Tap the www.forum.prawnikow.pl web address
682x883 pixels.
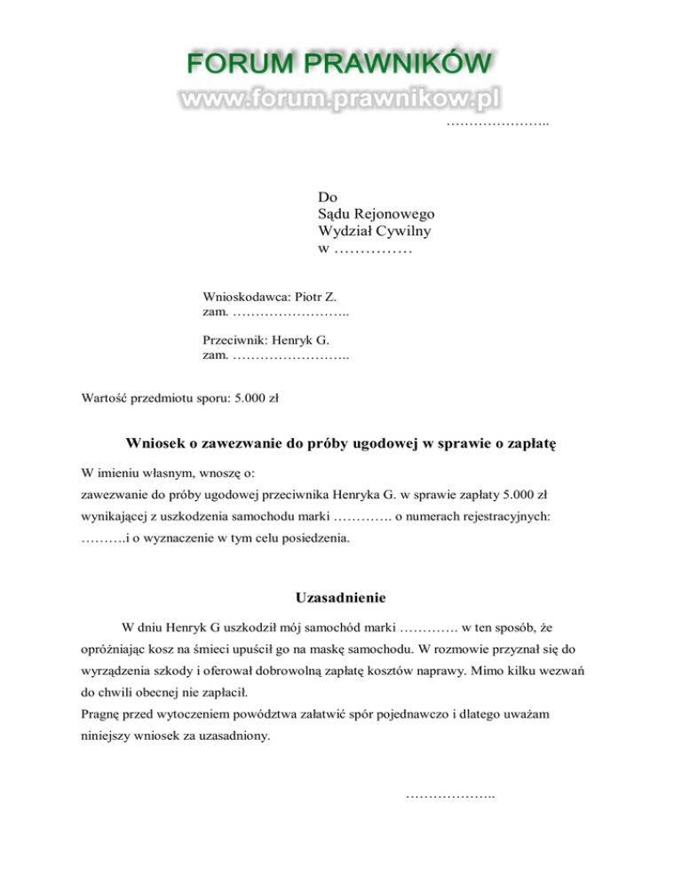(340, 100)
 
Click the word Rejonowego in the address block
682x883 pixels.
(391, 213)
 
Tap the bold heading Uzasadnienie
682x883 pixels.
(341, 598)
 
